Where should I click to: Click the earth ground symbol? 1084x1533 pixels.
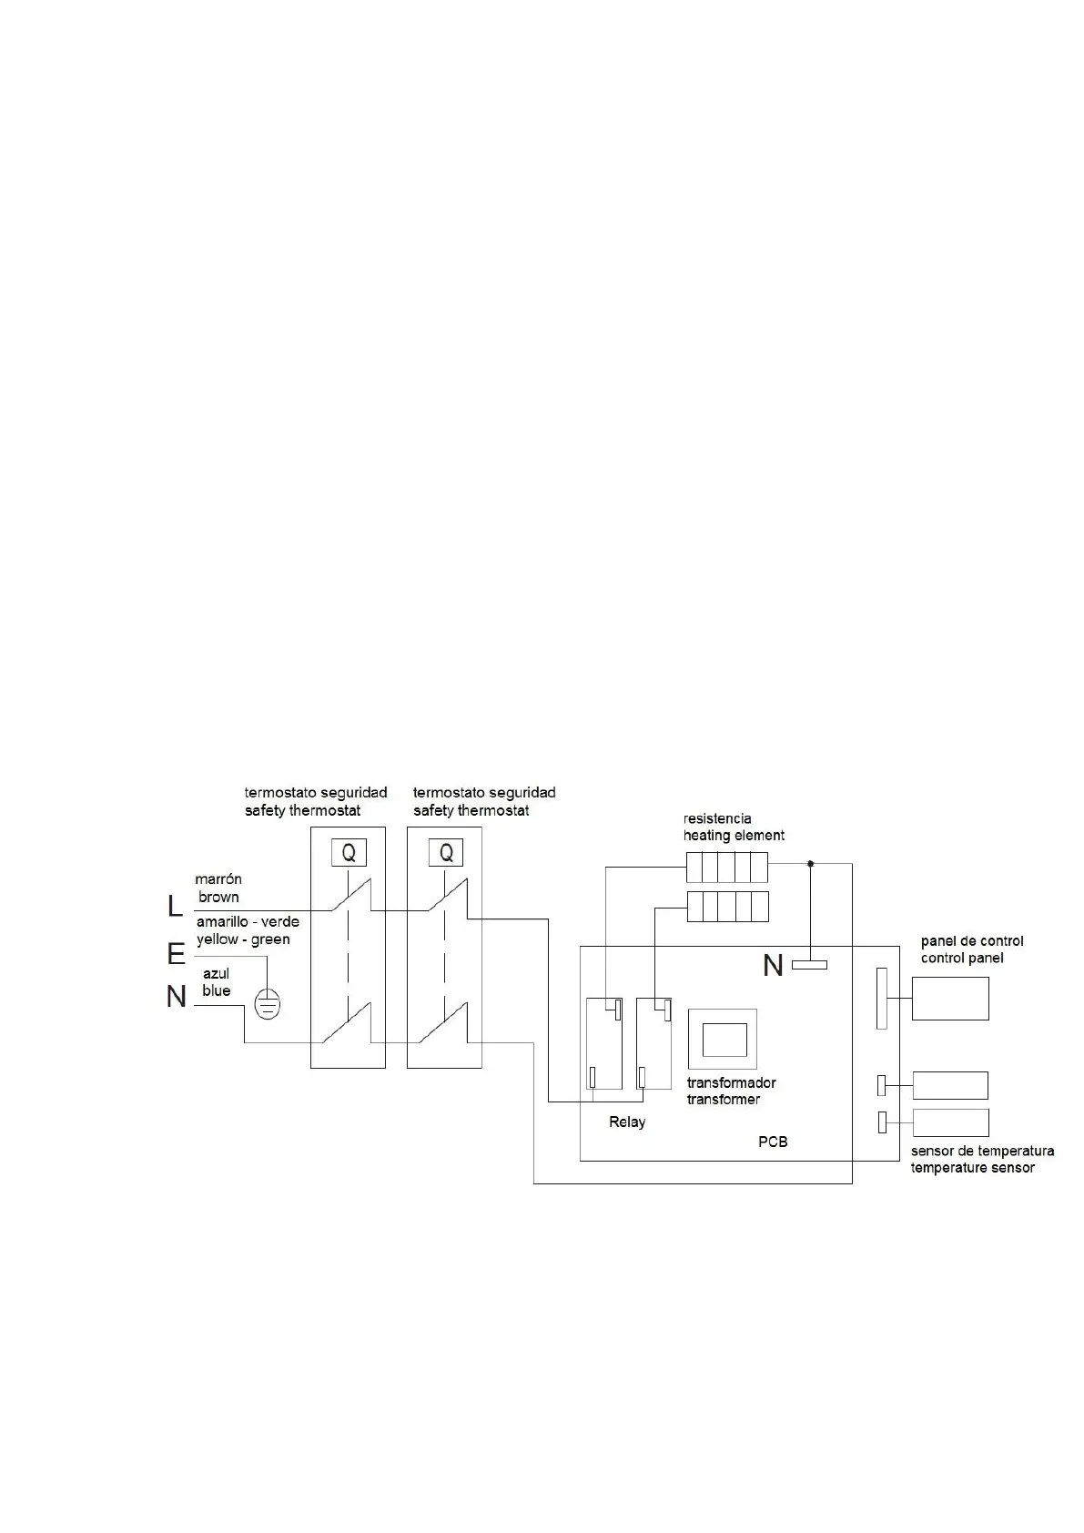(x=267, y=1003)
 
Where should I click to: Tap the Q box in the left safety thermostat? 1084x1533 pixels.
(x=348, y=853)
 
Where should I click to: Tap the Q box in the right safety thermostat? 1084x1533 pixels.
(x=446, y=853)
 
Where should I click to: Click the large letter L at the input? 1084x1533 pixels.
(x=175, y=907)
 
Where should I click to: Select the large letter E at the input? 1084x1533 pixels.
(x=176, y=954)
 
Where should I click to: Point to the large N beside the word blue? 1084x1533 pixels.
(x=176, y=998)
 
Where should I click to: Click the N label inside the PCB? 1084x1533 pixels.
(x=773, y=965)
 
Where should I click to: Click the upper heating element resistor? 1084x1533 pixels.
(x=727, y=868)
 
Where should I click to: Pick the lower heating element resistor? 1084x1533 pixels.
(x=727, y=907)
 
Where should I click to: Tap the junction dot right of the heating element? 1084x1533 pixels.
(x=811, y=863)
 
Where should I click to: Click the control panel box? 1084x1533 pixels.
(x=950, y=999)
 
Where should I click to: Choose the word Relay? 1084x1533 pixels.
(x=627, y=1122)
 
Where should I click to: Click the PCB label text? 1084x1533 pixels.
(x=773, y=1142)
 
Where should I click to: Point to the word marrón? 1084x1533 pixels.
(x=218, y=879)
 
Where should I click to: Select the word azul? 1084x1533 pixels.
(x=216, y=973)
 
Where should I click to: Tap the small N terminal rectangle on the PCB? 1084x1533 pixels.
(x=809, y=964)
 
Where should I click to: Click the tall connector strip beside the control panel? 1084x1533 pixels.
(x=881, y=999)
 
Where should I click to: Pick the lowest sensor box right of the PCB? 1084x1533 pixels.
(x=950, y=1122)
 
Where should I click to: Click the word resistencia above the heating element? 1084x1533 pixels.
(x=717, y=818)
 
